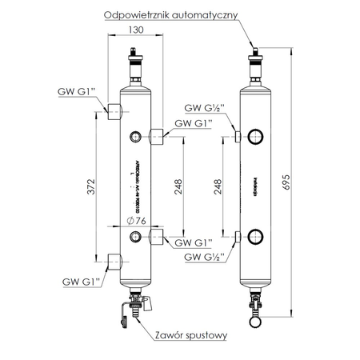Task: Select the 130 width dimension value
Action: [x=134, y=30]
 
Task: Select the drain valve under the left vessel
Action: [x=133, y=309]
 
